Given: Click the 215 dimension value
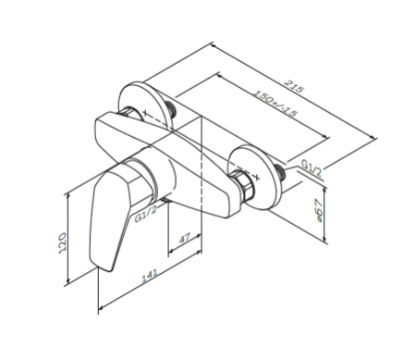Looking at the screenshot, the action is (294, 87).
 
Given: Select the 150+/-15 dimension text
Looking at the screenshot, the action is (275, 104).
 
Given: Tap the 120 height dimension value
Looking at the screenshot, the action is (62, 243).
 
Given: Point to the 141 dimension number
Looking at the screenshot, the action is (149, 276).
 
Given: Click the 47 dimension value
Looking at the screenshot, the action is (185, 238).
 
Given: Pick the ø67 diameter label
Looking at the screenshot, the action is (319, 211).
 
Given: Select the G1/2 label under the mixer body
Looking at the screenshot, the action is (146, 214).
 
